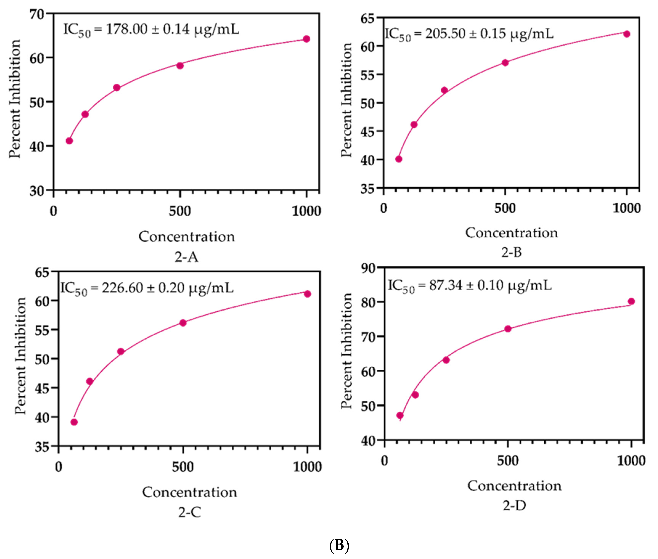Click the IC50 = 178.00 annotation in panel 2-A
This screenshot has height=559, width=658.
click(151, 30)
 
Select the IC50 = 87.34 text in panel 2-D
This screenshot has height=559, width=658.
click(469, 286)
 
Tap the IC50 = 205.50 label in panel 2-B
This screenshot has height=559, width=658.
click(469, 34)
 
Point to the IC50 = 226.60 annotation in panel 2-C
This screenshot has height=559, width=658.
click(147, 288)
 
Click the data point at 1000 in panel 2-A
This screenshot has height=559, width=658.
click(306, 39)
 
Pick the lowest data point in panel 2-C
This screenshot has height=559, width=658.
click(74, 422)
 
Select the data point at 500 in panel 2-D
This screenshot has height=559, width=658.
click(508, 329)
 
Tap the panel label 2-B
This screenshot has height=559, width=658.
click(511, 252)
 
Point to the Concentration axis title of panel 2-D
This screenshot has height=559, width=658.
click(514, 486)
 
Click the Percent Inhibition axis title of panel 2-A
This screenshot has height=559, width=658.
click(14, 99)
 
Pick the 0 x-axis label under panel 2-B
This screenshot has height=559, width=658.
click(384, 208)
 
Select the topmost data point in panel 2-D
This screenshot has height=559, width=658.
click(631, 301)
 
